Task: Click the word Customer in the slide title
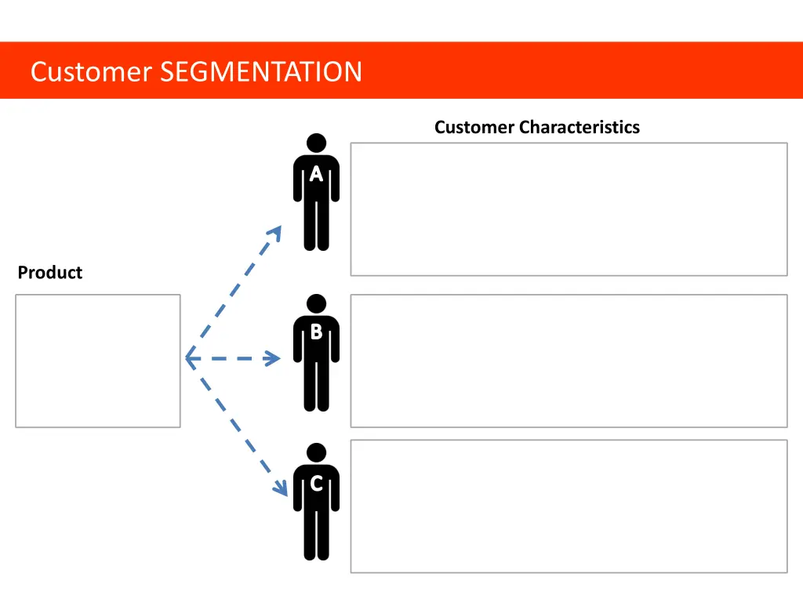pyautogui.click(x=90, y=72)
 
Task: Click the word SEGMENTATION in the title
pyautogui.click(x=260, y=72)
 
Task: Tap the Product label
pyautogui.click(x=50, y=273)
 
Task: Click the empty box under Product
pyautogui.click(x=98, y=361)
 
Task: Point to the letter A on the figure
pyautogui.click(x=316, y=175)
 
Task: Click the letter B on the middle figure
pyautogui.click(x=316, y=332)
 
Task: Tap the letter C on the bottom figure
pyautogui.click(x=316, y=484)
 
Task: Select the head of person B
pyautogui.click(x=316, y=303)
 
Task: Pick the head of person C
pyautogui.click(x=316, y=452)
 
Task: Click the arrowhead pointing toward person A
pyautogui.click(x=275, y=231)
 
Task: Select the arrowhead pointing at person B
pyautogui.click(x=273, y=359)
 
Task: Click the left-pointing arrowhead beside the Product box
pyautogui.click(x=191, y=359)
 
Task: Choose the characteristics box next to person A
pyautogui.click(x=569, y=209)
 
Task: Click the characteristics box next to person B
pyautogui.click(x=569, y=361)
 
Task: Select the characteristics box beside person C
pyautogui.click(x=569, y=506)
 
